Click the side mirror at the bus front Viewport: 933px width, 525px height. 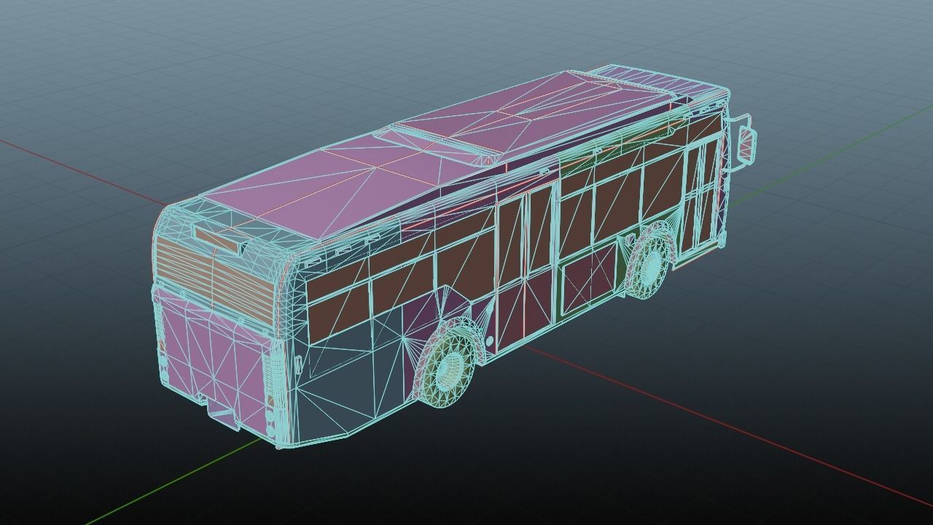pyautogui.click(x=748, y=144)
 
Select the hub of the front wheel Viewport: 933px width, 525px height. pyautogui.click(x=649, y=262)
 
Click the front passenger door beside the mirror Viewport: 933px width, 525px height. pyautogui.click(x=701, y=193)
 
